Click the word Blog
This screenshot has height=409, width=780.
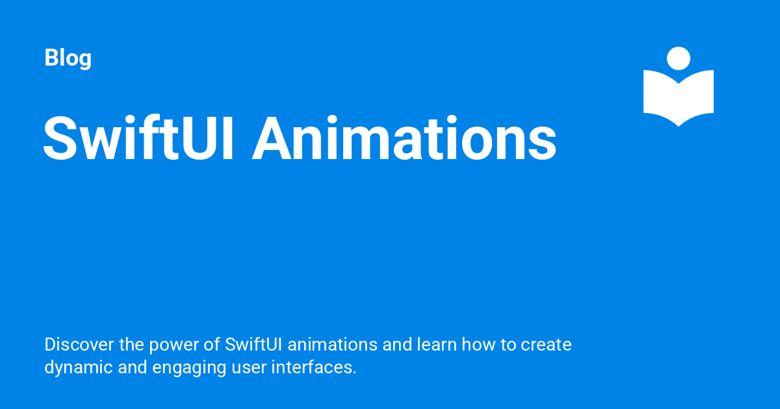pyautogui.click(x=68, y=58)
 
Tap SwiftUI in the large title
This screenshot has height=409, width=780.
pyautogui.click(x=138, y=138)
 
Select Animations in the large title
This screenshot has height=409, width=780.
pyautogui.click(x=404, y=138)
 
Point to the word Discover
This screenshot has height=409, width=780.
pyautogui.click(x=79, y=345)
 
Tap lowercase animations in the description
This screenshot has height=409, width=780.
pyautogui.click(x=333, y=345)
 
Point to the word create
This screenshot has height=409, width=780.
pyautogui.click(x=546, y=345)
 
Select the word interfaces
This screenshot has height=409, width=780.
pyautogui.click(x=314, y=367)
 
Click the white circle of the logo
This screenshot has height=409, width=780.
pyautogui.click(x=679, y=58)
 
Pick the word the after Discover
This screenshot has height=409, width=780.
pyautogui.click(x=131, y=345)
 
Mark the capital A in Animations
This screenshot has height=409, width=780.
pyautogui.click(x=271, y=138)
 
